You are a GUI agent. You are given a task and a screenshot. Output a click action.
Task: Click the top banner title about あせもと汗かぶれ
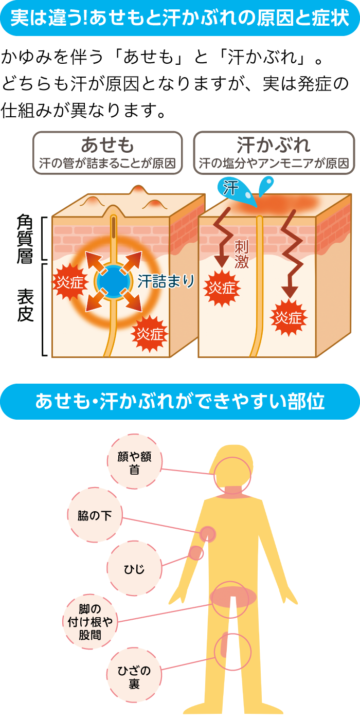pyautogui.click(x=179, y=18)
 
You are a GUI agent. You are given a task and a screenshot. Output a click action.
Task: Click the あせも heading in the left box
pyautogui.click(x=107, y=145)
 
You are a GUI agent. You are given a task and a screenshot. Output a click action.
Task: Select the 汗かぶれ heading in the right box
pyautogui.click(x=274, y=145)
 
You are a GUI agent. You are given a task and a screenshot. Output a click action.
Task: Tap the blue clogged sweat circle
pyautogui.click(x=111, y=281)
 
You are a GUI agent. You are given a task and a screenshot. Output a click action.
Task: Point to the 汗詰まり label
pyautogui.click(x=166, y=281)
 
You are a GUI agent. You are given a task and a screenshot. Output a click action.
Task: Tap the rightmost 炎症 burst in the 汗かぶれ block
pyautogui.click(x=288, y=318)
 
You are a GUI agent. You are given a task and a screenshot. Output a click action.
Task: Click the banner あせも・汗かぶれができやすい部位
pyautogui.click(x=179, y=402)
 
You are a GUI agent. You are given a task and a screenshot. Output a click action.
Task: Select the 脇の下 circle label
pyautogui.click(x=95, y=515)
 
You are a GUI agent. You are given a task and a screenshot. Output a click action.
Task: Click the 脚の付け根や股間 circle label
pyautogui.click(x=91, y=622)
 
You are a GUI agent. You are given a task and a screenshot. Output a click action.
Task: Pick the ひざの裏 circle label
pyautogui.click(x=134, y=676)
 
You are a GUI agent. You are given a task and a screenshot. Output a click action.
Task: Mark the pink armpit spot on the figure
pyautogui.click(x=208, y=534)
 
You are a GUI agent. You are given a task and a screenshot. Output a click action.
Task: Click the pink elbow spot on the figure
pyautogui.click(x=195, y=553)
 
